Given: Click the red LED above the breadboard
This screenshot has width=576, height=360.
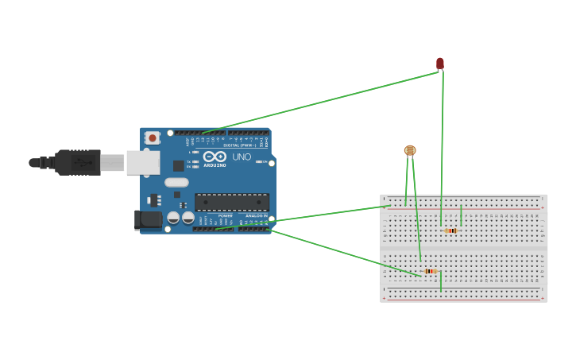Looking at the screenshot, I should pos(440,63).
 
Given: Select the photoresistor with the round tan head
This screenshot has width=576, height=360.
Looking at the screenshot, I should pos(410,149).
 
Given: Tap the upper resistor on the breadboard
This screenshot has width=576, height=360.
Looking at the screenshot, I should pos(451,230).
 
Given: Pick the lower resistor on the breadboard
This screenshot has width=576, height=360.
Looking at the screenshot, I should pos(430,271).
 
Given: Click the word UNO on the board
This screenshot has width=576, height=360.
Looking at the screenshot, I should pos(242,157).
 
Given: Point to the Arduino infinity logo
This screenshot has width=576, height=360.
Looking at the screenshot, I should pos(215,157).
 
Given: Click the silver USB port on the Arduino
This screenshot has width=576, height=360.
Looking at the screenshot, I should pos(143,163).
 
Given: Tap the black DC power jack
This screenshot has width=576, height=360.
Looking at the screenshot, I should pos(148,219).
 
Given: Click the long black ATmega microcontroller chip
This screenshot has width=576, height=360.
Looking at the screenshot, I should pos(232,202).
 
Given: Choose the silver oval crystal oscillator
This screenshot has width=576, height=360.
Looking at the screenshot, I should pos(176,182).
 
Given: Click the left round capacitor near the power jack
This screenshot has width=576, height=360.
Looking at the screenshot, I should pos(173,217).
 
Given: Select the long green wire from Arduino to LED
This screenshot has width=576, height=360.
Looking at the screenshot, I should pos(318,103).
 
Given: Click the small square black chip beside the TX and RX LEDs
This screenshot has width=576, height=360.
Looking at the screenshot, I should pos(179,165).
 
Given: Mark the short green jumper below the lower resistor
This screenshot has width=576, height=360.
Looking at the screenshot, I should pos(441,281).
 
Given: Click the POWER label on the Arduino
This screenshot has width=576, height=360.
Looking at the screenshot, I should pos(225,215).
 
